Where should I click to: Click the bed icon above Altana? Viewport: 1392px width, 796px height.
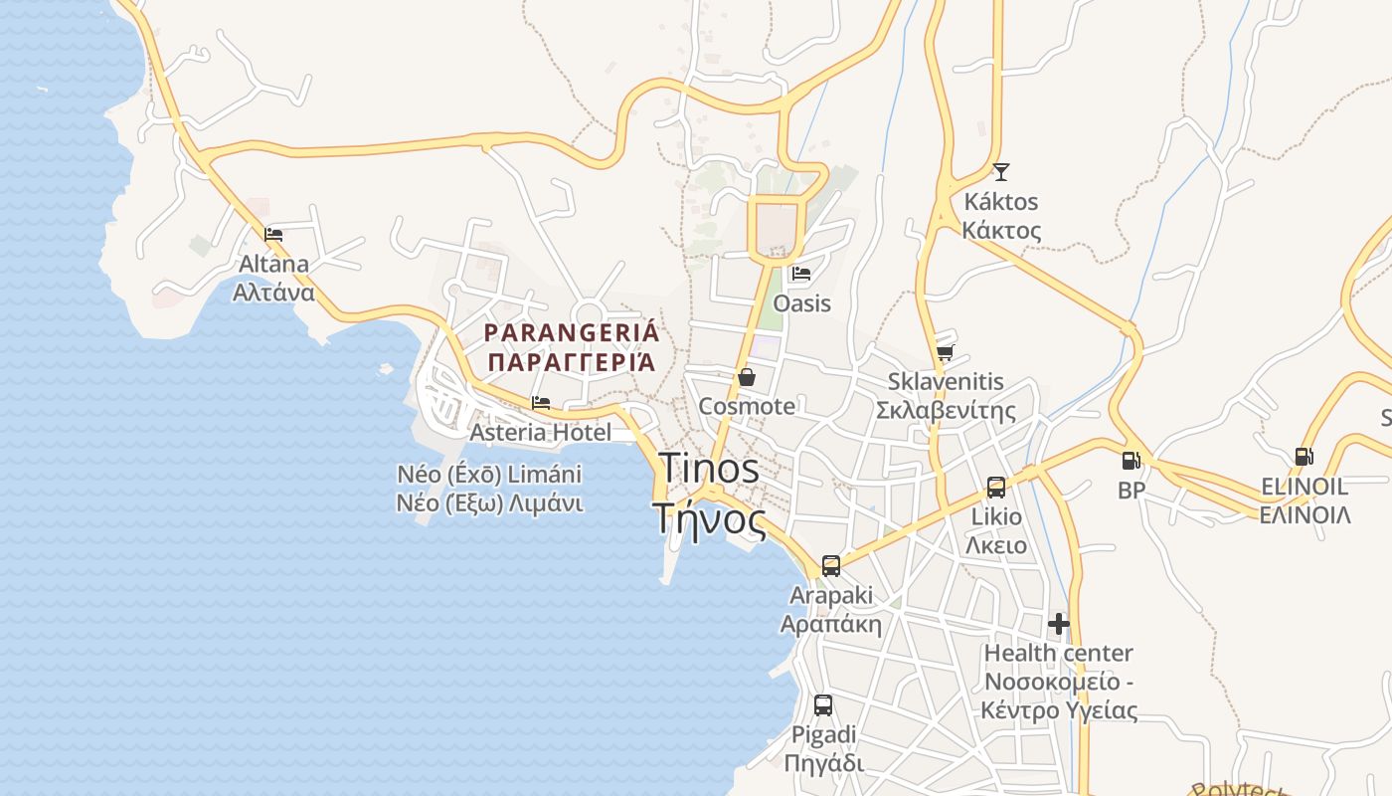(x=273, y=235)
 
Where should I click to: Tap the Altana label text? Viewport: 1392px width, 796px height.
(x=273, y=278)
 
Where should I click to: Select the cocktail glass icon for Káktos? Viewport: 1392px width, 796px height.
(x=1000, y=172)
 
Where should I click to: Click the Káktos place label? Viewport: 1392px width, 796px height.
(x=1001, y=216)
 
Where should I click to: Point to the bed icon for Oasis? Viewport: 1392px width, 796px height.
(x=801, y=273)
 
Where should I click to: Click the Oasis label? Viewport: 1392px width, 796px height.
(x=801, y=302)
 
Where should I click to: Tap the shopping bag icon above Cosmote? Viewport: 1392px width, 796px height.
(x=747, y=377)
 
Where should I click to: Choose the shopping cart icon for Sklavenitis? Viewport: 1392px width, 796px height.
(x=945, y=352)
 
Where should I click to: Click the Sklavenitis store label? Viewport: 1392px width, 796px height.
(x=946, y=395)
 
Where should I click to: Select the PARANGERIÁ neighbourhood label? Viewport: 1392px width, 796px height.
(x=571, y=346)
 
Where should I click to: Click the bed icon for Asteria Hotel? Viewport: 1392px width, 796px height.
(x=541, y=403)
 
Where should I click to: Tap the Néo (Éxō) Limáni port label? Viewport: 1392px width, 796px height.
(x=489, y=488)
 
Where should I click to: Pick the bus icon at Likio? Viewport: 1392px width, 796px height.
(x=996, y=488)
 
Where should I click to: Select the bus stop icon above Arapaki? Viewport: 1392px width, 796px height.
(x=831, y=566)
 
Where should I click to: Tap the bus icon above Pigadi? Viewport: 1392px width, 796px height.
(x=823, y=705)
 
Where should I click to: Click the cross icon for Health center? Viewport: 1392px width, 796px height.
(x=1059, y=624)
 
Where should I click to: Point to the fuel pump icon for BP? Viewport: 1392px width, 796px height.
(x=1131, y=461)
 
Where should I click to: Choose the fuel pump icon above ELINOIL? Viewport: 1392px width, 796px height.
(x=1304, y=457)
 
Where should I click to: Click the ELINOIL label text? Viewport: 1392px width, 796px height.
(x=1305, y=500)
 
